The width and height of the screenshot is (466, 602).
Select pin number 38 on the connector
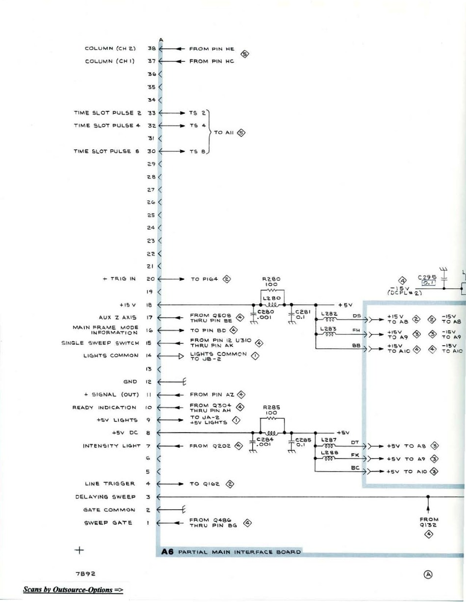click(152, 49)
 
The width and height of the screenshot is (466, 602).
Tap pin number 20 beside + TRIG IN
click(151, 278)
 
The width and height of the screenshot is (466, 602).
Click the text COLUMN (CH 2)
click(106, 49)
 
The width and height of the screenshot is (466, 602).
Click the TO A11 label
click(225, 132)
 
